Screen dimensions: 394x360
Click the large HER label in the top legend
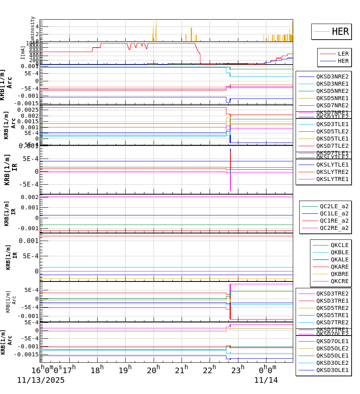[x=340, y=32]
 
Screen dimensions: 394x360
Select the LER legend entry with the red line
[x=343, y=54]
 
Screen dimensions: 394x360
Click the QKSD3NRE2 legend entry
[x=332, y=76]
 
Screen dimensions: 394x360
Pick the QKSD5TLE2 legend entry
[x=332, y=131]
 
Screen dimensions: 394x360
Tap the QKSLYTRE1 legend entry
[x=332, y=179]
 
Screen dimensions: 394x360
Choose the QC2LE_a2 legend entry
[x=334, y=206]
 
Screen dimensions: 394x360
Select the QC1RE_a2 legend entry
[x=334, y=221]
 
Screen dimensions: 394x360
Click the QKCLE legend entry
[x=339, y=245]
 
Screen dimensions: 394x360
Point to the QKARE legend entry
[x=339, y=267]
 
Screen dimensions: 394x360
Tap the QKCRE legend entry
[x=339, y=281]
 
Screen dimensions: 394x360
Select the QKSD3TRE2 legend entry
[x=332, y=293]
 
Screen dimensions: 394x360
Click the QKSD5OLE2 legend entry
[x=332, y=348]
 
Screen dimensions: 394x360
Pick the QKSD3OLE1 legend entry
[x=332, y=370]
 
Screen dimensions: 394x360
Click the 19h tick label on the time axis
[x=125, y=370]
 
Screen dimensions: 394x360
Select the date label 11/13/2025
[x=40, y=380]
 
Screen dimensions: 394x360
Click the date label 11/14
[x=266, y=380]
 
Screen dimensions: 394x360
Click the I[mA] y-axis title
[x=23, y=52]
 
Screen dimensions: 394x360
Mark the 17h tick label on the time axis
[x=69, y=370]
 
